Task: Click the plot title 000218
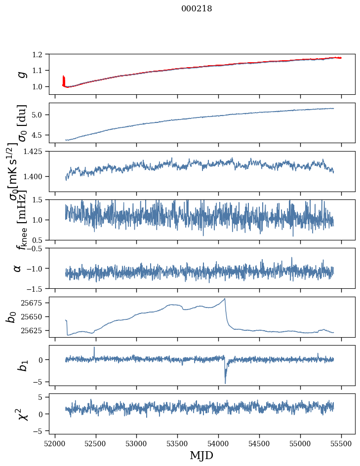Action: (197, 8)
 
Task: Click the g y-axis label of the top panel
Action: (21, 74)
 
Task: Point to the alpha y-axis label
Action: (18, 268)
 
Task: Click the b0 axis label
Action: (11, 316)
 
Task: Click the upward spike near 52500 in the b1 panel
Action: (94, 348)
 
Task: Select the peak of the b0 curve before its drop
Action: (225, 299)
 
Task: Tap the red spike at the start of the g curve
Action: (64, 79)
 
